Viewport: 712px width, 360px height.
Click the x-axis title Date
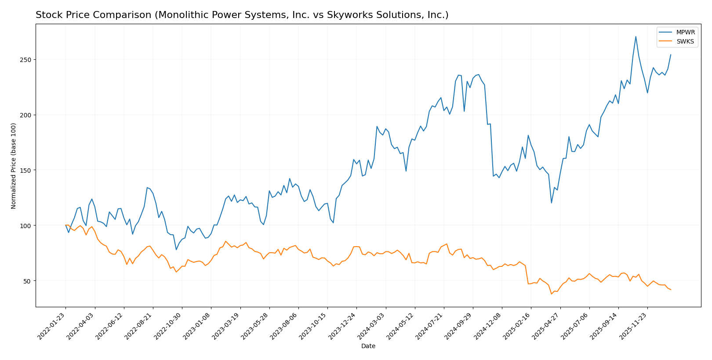point(368,346)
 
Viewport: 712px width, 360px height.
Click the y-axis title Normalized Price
point(14,166)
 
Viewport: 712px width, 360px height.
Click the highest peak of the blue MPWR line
point(636,36)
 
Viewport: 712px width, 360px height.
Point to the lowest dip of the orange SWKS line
point(551,294)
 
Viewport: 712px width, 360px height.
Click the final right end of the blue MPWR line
point(671,55)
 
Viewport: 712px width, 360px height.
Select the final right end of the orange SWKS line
point(671,290)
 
